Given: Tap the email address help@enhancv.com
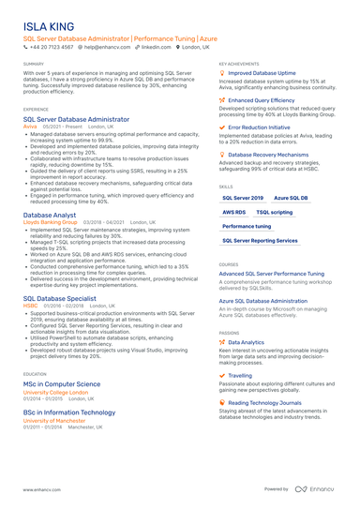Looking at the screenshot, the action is pos(108,46).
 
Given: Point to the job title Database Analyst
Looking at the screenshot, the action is pos(50,215).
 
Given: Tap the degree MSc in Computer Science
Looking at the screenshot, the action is pos(62,383).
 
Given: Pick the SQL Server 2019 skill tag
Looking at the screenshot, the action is pos(243,199).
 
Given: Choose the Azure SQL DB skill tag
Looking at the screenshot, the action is pos(292,199).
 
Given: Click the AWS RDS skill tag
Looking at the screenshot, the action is pos(233,213).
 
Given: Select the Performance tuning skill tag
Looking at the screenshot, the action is pos(247,227).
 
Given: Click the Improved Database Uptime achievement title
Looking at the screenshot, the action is pos(262,72).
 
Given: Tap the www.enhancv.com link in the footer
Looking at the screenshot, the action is pos(41,489).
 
